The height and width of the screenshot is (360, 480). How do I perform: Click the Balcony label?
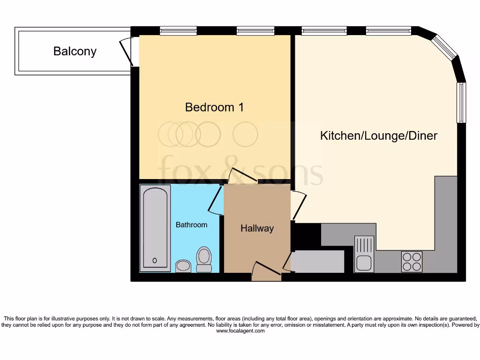point(75,51)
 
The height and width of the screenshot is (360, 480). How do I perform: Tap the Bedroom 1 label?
point(214,107)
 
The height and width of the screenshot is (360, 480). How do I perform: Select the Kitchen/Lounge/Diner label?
point(378,136)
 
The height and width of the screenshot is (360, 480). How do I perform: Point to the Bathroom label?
point(191,225)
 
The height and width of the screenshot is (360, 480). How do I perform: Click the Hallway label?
point(257,228)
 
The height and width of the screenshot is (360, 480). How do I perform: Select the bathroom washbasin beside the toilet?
point(183,266)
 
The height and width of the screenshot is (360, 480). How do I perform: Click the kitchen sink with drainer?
point(364,254)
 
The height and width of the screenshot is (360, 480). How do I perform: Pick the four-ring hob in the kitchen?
point(412,262)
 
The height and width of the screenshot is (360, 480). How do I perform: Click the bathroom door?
point(216,201)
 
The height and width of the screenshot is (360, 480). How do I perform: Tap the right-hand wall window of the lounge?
point(462,103)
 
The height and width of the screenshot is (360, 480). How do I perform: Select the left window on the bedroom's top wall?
point(178,31)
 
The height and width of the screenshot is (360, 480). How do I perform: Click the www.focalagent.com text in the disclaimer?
point(240,331)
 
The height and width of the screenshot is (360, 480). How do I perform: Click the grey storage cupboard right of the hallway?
point(318,262)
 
